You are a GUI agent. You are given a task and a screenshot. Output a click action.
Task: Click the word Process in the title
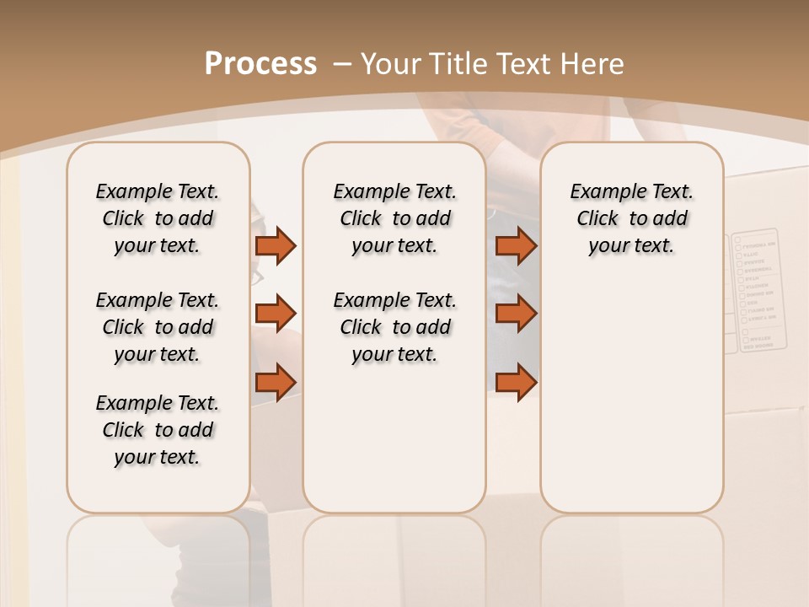(260, 63)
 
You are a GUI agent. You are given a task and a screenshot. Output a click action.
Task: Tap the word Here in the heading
(594, 63)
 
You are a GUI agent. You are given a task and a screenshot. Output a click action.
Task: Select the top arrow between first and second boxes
(276, 245)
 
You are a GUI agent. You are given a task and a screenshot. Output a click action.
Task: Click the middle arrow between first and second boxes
(276, 314)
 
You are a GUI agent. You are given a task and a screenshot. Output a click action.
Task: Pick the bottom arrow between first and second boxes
(276, 381)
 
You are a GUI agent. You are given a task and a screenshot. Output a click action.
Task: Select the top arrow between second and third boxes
(516, 245)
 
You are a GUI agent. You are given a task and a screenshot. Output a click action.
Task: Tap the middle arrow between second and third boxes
(516, 314)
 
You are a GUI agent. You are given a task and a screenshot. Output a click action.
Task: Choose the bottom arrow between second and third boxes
(516, 381)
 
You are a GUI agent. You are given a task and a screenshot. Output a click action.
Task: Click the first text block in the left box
(158, 218)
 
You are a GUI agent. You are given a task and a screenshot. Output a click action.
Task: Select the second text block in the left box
(158, 327)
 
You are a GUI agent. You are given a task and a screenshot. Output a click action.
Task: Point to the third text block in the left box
(158, 430)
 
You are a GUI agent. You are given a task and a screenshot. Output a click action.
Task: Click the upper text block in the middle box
(394, 218)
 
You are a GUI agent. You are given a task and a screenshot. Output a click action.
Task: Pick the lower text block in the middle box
(394, 327)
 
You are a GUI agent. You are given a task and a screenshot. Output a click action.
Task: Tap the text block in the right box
(631, 218)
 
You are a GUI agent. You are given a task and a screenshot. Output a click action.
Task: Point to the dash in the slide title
(342, 64)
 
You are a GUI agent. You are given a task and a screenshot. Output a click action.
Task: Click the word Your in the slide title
(389, 63)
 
